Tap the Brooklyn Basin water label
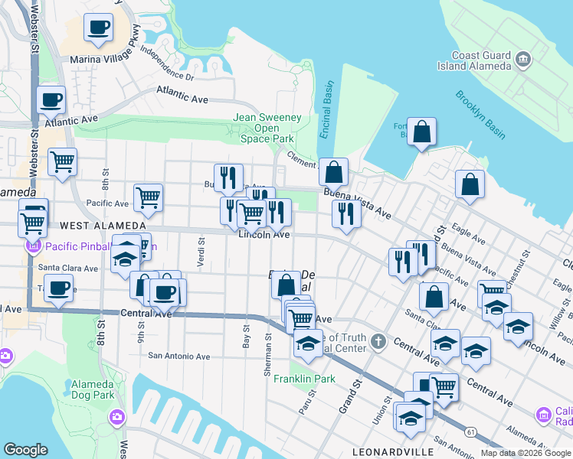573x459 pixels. click(480, 115)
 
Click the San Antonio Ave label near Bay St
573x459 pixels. click(179, 356)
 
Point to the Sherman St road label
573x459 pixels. click(268, 354)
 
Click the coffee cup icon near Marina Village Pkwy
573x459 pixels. click(98, 28)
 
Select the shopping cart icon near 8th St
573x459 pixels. click(62, 161)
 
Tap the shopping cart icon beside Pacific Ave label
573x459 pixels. click(148, 197)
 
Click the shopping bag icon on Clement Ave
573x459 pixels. click(333, 171)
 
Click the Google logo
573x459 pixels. click(25, 450)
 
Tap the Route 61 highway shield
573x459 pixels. click(470, 432)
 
